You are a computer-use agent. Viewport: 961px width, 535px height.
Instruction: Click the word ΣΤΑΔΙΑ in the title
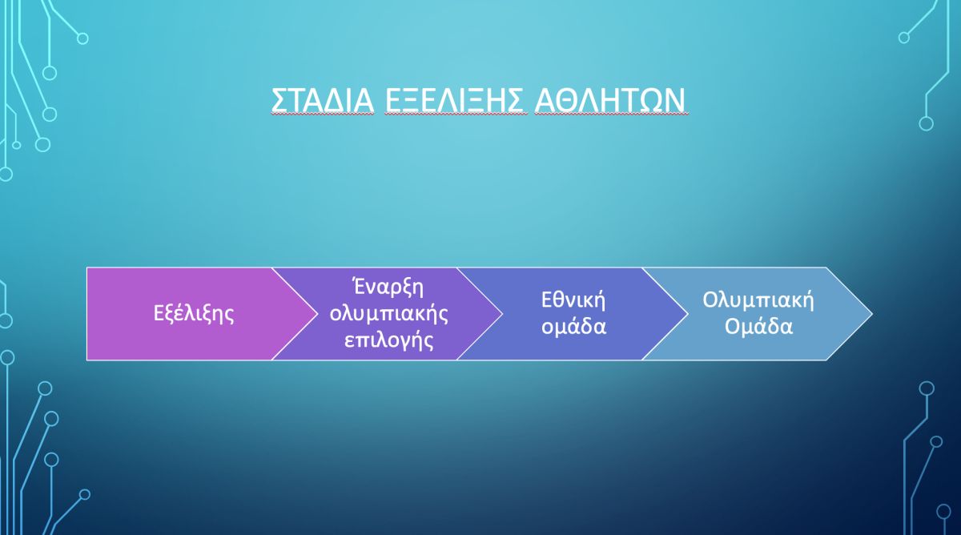tap(323, 100)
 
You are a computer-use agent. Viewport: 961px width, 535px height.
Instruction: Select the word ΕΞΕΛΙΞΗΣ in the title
tap(456, 100)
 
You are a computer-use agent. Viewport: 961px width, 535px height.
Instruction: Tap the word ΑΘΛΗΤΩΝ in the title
tap(612, 100)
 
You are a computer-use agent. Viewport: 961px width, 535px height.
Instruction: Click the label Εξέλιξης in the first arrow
tap(194, 314)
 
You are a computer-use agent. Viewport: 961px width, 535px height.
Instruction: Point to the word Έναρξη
tap(388, 287)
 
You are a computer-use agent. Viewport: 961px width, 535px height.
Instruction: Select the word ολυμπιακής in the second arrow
tap(388, 315)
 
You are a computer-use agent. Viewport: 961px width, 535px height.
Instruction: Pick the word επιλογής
tap(388, 340)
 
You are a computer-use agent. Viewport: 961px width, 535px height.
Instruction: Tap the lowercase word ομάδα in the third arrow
tap(573, 327)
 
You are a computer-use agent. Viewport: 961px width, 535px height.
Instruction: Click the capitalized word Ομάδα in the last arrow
tap(758, 327)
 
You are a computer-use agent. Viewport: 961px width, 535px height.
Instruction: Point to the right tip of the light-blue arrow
tap(872, 314)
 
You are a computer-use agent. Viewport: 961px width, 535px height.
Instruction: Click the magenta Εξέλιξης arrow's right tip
tap(317, 314)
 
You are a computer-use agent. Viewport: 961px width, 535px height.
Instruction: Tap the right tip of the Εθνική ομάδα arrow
tap(688, 314)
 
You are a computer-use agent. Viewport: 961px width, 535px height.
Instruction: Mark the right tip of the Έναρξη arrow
tap(502, 314)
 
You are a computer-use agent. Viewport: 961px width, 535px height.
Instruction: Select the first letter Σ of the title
tap(279, 100)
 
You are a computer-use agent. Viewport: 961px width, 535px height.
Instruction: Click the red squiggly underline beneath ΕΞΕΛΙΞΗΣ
tap(456, 115)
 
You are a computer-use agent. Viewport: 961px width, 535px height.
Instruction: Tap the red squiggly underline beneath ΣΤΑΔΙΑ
tap(323, 115)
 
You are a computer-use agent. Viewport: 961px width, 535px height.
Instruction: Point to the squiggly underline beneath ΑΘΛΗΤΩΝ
tap(612, 115)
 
